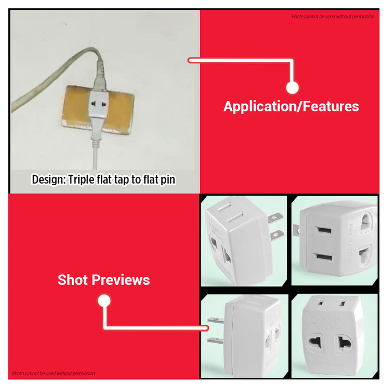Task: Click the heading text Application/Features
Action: pos(291,106)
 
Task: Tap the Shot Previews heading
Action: pos(104,280)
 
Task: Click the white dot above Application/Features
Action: pos(292,88)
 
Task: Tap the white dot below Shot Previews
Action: pos(104,301)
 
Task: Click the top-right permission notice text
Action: pos(333,17)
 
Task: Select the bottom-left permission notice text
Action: pos(53,374)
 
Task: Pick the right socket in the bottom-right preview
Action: pos(344,344)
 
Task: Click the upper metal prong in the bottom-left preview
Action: pos(215,320)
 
